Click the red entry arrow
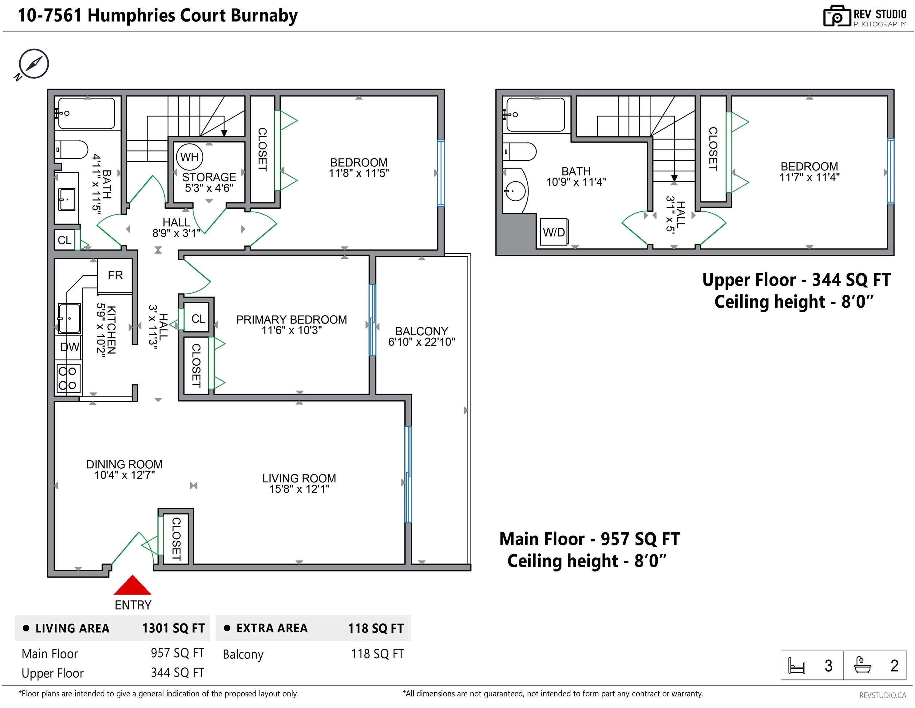tap(133, 585)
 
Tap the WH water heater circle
tap(189, 157)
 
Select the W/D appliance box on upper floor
tap(554, 231)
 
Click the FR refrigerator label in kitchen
tap(115, 275)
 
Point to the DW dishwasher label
tap(69, 347)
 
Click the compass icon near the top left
tap(33, 64)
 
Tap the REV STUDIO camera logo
tap(837, 16)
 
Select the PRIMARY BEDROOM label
tap(291, 320)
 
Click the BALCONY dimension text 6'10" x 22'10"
tap(422, 342)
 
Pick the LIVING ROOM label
tap(299, 478)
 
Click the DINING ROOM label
tap(125, 464)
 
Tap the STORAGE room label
tap(209, 177)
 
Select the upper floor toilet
tap(520, 151)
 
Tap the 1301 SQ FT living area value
tap(173, 628)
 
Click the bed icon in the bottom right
tap(796, 665)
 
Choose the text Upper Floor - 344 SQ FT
tap(796, 280)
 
